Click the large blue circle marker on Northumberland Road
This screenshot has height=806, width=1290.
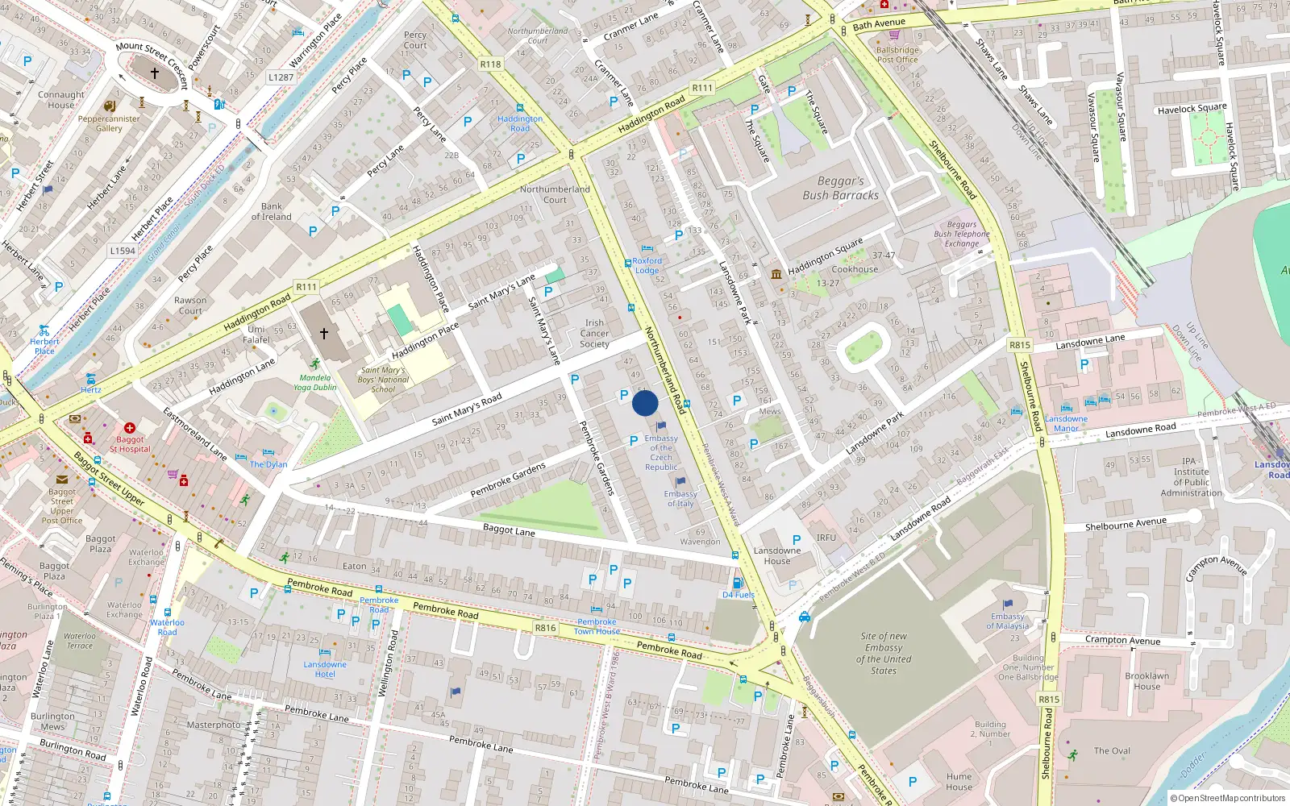(x=645, y=403)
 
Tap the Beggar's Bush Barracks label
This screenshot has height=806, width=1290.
(x=840, y=189)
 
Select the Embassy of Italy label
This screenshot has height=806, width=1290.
(x=680, y=499)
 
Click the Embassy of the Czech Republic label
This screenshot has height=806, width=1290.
(x=661, y=453)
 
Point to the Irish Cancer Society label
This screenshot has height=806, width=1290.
(x=595, y=334)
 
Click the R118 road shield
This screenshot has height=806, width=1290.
(x=490, y=64)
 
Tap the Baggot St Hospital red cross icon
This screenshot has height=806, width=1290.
(x=130, y=428)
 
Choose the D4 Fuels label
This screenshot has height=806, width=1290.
(x=739, y=595)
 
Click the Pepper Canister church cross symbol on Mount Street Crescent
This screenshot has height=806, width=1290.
(x=155, y=73)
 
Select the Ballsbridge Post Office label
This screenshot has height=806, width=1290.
(x=897, y=55)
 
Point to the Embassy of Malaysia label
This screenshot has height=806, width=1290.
(x=1008, y=621)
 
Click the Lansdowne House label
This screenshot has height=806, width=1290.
(x=777, y=556)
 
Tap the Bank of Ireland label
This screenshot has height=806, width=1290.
(x=272, y=211)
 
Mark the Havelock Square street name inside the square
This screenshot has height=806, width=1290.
(x=1192, y=109)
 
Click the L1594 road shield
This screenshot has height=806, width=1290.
(x=123, y=251)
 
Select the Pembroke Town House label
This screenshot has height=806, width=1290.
(x=597, y=626)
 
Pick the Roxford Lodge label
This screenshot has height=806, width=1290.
(x=647, y=266)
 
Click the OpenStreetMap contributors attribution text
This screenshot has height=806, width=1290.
(x=1230, y=799)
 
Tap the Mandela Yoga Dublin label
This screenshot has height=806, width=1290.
(x=314, y=382)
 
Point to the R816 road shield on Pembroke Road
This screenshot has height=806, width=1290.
(x=545, y=628)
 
